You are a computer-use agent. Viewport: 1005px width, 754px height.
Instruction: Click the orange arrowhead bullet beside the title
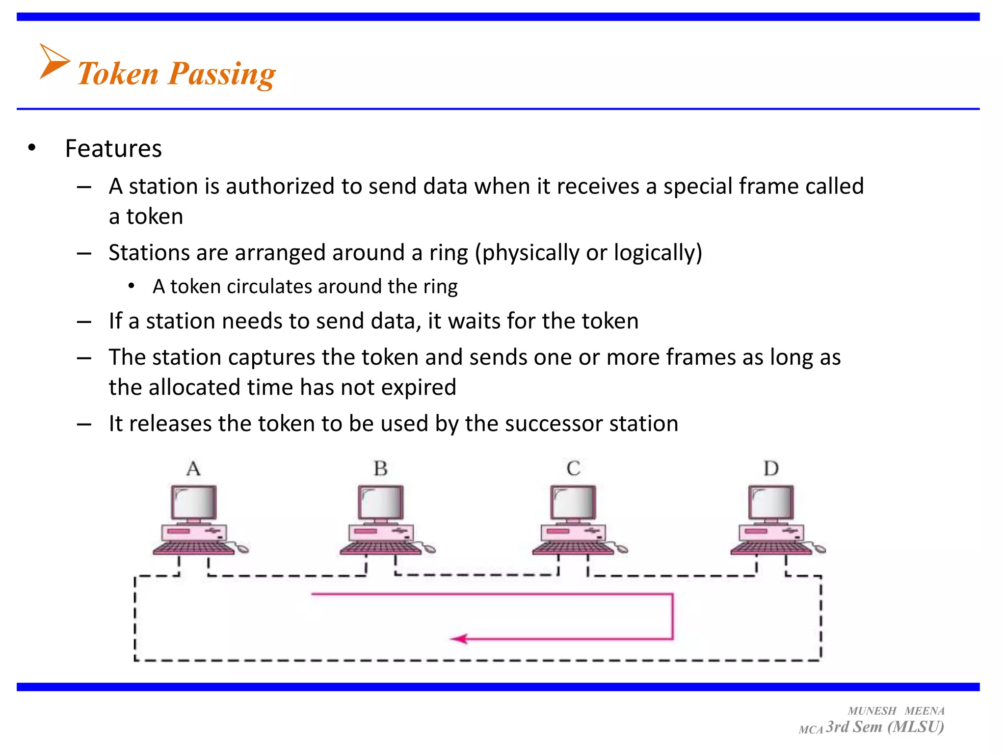pyautogui.click(x=53, y=61)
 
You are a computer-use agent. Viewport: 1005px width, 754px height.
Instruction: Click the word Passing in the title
pyautogui.click(x=222, y=74)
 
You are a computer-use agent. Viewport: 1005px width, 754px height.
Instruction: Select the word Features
pyautogui.click(x=113, y=148)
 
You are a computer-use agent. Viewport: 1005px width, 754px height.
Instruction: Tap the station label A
pyautogui.click(x=193, y=469)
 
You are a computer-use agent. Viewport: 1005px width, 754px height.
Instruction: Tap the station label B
pyautogui.click(x=381, y=469)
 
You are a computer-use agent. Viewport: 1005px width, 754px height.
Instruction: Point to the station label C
pyautogui.click(x=573, y=469)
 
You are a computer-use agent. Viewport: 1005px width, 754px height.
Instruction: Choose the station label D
pyautogui.click(x=771, y=469)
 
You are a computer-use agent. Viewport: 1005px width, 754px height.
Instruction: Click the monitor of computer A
pyautogui.click(x=194, y=503)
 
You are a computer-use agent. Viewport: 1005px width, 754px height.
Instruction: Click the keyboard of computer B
pyautogui.click(x=380, y=548)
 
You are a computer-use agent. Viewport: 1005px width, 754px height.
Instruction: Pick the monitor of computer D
pyautogui.click(x=771, y=503)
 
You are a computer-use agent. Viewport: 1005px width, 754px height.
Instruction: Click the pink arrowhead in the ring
pyautogui.click(x=459, y=639)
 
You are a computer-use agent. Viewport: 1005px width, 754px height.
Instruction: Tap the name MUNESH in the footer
pyautogui.click(x=872, y=711)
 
